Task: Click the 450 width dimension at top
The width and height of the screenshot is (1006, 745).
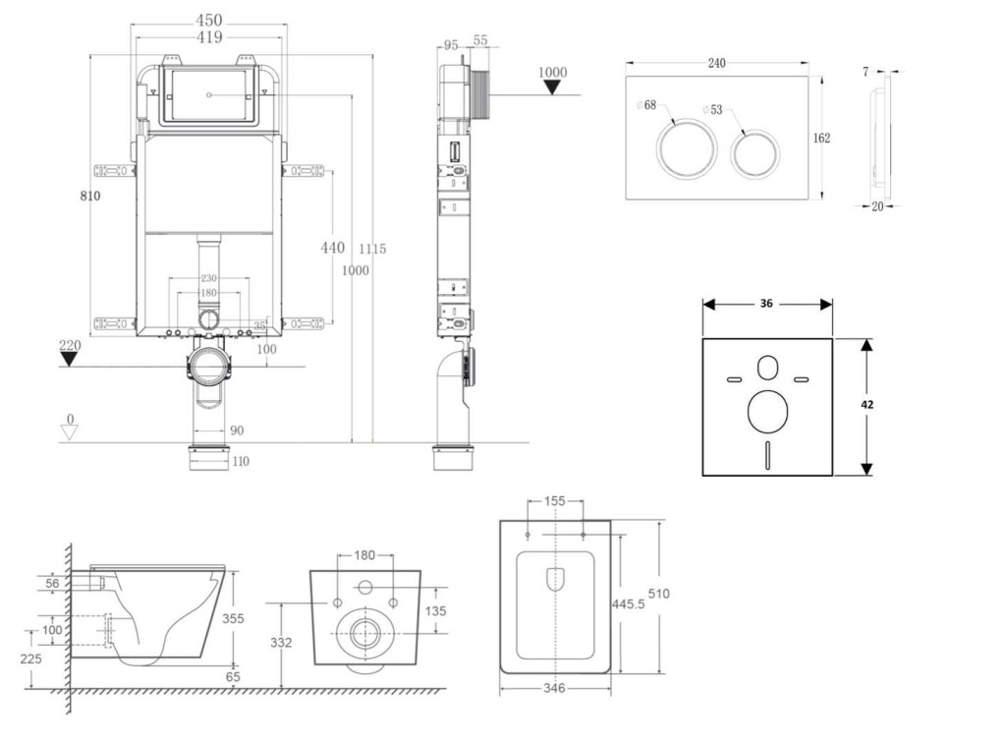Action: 208,20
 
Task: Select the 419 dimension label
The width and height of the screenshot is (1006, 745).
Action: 208,37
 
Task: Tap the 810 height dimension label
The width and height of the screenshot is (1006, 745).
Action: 90,196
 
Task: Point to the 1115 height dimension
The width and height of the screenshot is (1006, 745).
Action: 372,250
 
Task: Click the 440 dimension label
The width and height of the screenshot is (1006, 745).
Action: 332,248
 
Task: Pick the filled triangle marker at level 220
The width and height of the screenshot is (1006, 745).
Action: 68,359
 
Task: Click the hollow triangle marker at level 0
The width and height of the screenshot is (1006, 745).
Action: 68,433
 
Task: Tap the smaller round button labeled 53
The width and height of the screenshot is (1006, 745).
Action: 754,152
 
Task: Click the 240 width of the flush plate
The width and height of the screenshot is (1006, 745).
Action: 716,63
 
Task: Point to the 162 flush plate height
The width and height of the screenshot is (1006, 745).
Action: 821,138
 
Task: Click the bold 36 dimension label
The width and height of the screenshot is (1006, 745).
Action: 766,304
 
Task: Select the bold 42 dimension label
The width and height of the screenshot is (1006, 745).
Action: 867,404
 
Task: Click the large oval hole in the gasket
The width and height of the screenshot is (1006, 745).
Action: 767,413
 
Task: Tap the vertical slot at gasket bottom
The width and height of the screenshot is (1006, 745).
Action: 767,454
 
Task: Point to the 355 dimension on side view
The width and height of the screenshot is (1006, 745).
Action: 233,618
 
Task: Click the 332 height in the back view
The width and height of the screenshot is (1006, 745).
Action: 281,642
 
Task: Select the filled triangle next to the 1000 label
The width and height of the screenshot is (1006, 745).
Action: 553,87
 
